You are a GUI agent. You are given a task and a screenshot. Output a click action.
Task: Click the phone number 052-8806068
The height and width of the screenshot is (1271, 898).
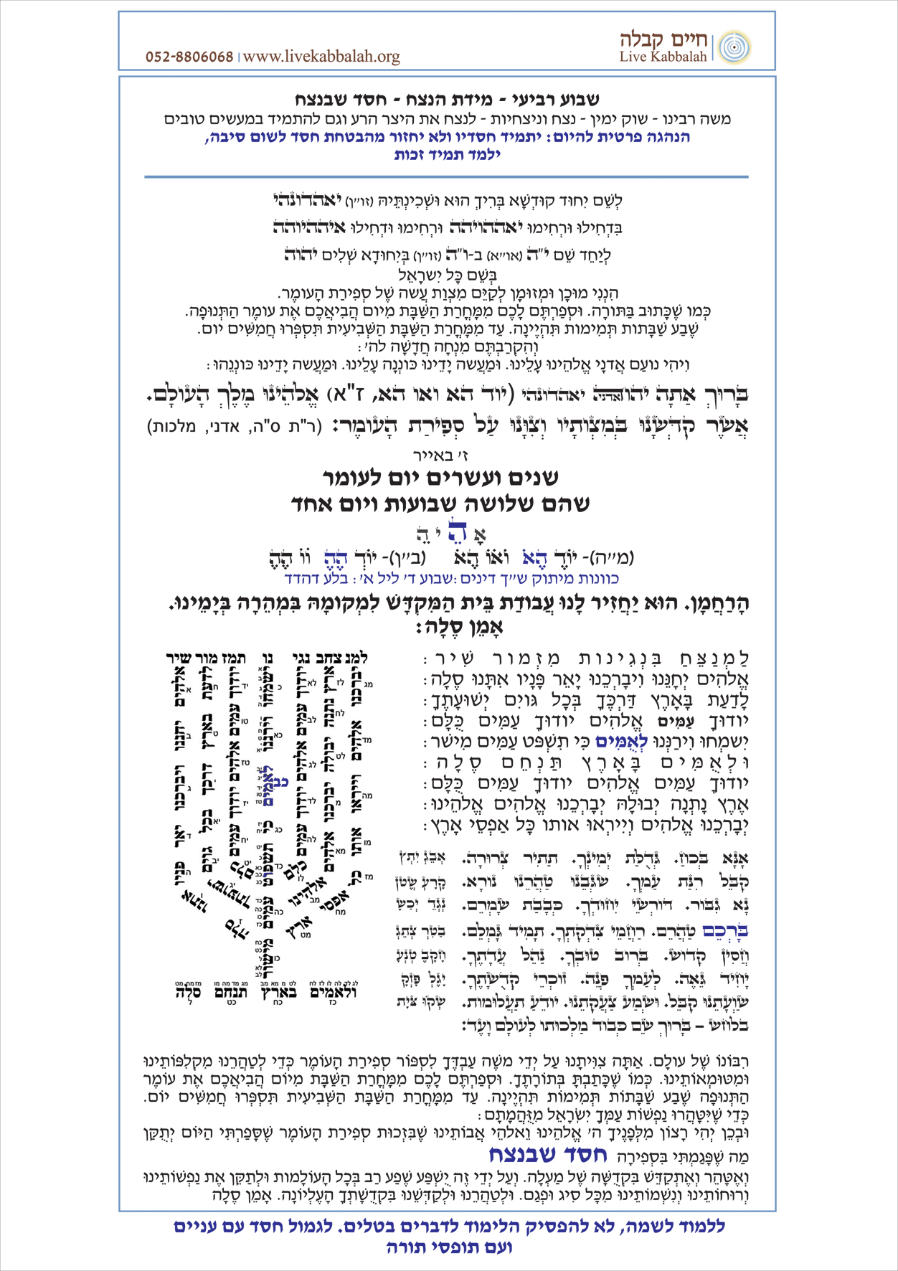189,57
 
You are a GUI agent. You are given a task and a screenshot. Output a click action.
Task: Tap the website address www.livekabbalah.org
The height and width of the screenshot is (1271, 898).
321,57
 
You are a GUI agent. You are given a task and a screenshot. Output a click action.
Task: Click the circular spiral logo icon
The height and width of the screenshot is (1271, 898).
733,47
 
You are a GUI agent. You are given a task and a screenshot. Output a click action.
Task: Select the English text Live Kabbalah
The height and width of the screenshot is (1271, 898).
663,57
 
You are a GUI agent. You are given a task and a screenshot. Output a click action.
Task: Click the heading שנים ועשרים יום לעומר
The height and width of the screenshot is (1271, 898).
440,477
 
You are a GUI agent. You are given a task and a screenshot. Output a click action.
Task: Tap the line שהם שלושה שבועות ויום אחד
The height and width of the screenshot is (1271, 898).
440,504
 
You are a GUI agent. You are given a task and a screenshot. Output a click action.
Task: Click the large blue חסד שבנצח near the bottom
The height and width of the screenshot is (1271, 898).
548,1154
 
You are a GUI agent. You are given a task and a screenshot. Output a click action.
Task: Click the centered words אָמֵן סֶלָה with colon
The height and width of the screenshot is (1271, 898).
450,627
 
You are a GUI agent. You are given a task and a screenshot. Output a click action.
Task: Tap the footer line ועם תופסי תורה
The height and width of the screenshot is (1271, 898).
449,1247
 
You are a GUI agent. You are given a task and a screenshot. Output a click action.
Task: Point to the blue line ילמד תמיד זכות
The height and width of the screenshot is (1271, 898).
447,153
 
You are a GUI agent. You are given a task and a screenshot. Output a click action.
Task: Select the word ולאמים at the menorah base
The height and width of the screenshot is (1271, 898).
333,993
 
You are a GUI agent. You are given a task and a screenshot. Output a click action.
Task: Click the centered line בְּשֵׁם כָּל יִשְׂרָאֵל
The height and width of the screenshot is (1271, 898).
448,275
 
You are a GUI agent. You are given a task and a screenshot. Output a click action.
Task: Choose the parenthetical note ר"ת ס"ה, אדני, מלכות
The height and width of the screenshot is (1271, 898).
233,427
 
